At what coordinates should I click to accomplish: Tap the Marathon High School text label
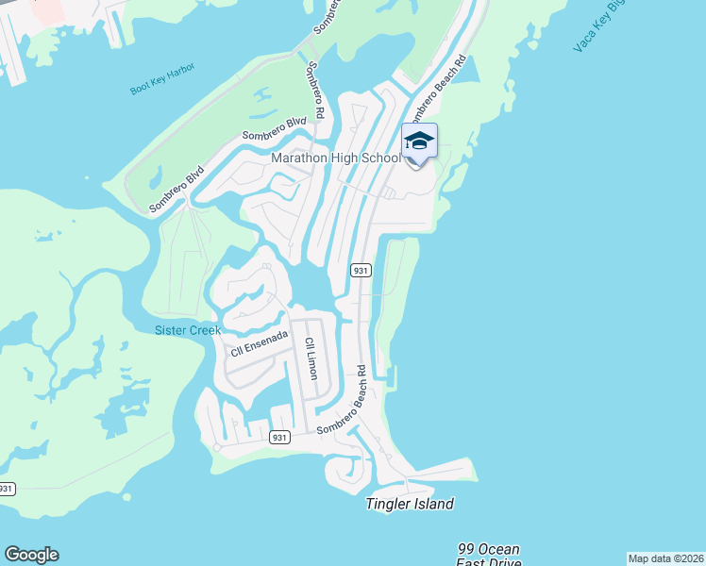tap(336, 158)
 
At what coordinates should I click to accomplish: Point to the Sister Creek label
tap(188, 330)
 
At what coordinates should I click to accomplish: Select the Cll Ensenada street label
tap(259, 343)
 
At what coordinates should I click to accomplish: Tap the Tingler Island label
tap(410, 504)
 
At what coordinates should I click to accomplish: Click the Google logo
tap(31, 555)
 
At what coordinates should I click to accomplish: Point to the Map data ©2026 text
tap(665, 558)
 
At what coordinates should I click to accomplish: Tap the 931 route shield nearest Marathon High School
tap(360, 270)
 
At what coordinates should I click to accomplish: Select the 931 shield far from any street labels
tap(7, 488)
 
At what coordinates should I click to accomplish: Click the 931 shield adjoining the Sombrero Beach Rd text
tap(278, 437)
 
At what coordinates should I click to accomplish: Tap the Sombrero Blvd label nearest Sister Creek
tap(177, 188)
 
